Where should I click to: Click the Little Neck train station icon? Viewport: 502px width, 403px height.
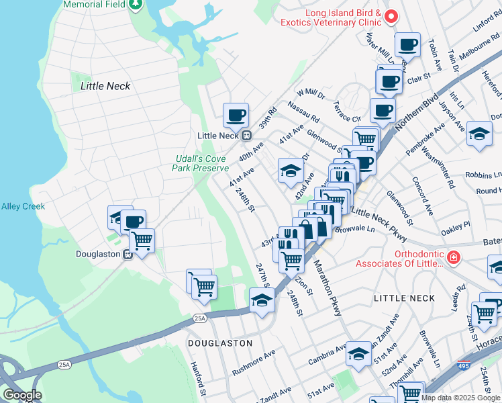[246, 135]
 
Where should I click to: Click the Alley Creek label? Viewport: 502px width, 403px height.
[23, 206]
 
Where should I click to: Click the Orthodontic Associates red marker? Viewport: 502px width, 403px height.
[454, 257]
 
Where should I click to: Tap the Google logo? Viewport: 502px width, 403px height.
[22, 395]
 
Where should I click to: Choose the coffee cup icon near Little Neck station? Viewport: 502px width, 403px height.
[236, 116]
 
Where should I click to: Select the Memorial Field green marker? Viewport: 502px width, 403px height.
[136, 5]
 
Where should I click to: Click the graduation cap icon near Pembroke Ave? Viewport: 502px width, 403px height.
[479, 134]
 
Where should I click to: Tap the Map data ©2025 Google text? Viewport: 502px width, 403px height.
[460, 398]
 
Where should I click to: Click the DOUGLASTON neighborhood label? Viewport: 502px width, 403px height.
[220, 343]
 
